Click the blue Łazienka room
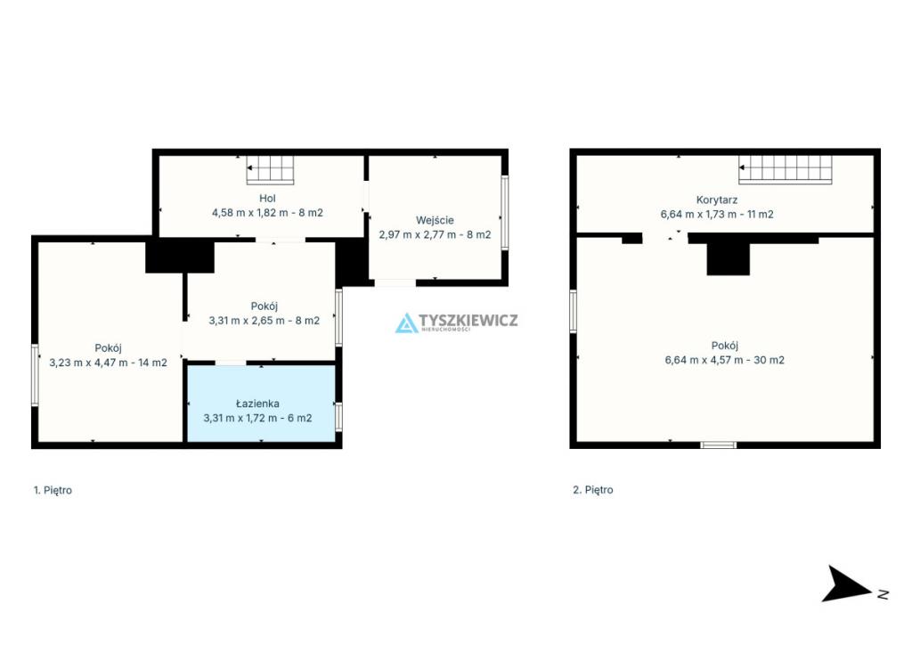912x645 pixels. [x=261, y=403]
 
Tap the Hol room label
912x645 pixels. [x=267, y=199]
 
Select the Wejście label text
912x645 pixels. [x=435, y=220]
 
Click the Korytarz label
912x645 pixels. [x=717, y=200]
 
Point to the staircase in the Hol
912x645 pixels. [x=270, y=170]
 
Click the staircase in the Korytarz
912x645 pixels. [x=786, y=170]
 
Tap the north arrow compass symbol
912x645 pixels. [x=849, y=584]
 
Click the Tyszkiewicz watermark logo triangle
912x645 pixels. [x=406, y=324]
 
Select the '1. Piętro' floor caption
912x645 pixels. [x=53, y=490]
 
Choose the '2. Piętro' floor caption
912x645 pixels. [x=592, y=490]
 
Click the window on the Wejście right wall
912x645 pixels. [x=505, y=213]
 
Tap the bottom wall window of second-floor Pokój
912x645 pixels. [x=719, y=445]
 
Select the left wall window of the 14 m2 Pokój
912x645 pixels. [x=35, y=374]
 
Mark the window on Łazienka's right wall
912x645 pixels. [x=338, y=417]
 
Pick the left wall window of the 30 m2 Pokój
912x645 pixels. [x=573, y=311]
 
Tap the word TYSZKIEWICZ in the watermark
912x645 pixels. [x=468, y=320]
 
